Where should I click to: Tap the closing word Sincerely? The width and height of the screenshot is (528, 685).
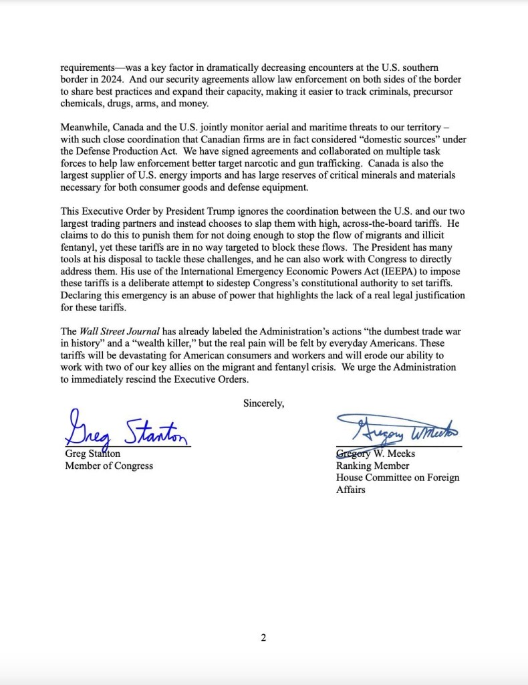(x=263, y=403)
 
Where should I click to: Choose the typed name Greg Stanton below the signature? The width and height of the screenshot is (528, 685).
(x=92, y=454)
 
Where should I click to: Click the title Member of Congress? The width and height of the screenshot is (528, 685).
(x=108, y=466)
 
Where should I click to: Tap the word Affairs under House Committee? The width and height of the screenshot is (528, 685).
(x=351, y=490)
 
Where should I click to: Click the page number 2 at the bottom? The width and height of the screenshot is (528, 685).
(x=263, y=638)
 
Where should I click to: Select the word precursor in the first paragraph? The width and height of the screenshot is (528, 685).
(x=440, y=92)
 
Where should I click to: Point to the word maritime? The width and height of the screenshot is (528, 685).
(x=293, y=127)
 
